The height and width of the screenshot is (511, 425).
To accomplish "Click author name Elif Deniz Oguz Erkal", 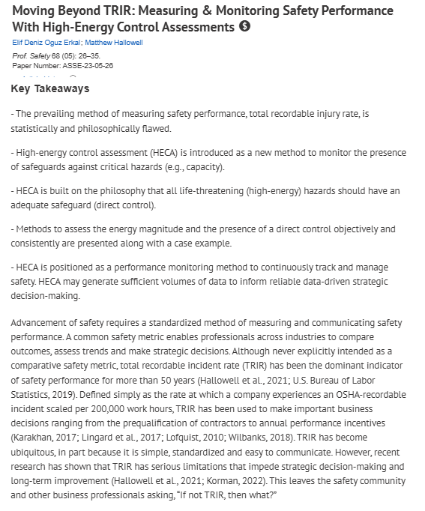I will [x=45, y=43].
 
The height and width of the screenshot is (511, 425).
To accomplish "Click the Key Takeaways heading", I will [x=50, y=88].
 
